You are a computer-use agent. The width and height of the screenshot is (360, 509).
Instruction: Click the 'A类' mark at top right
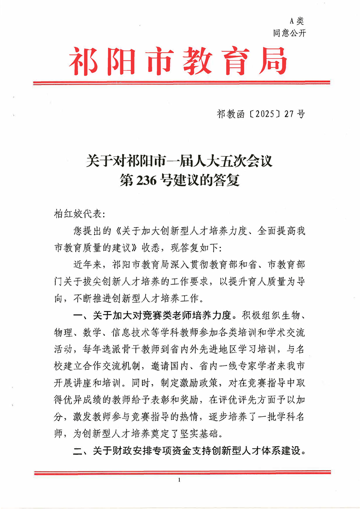coord(296,20)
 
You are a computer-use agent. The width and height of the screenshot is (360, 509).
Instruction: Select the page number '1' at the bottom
coord(180,479)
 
